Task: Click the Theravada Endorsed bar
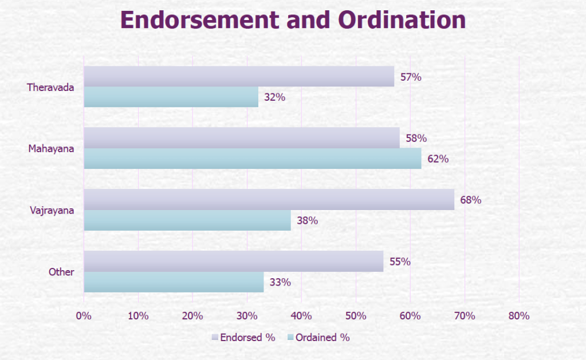point(239,76)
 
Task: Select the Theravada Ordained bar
point(171,97)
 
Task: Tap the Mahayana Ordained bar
point(252,159)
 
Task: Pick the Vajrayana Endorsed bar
point(269,200)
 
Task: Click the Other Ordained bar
point(174,282)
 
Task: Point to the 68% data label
point(471,200)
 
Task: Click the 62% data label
point(438,159)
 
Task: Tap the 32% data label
point(274,97)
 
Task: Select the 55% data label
point(400,262)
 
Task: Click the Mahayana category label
point(52,149)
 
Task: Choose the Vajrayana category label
point(52,211)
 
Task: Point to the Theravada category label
point(50,88)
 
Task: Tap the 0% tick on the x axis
point(84,316)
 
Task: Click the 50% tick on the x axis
point(356,316)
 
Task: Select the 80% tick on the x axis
point(519,316)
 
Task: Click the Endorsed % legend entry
point(243,337)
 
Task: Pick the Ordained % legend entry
point(318,337)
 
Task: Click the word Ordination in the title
point(399,20)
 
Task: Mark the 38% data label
point(307,220)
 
